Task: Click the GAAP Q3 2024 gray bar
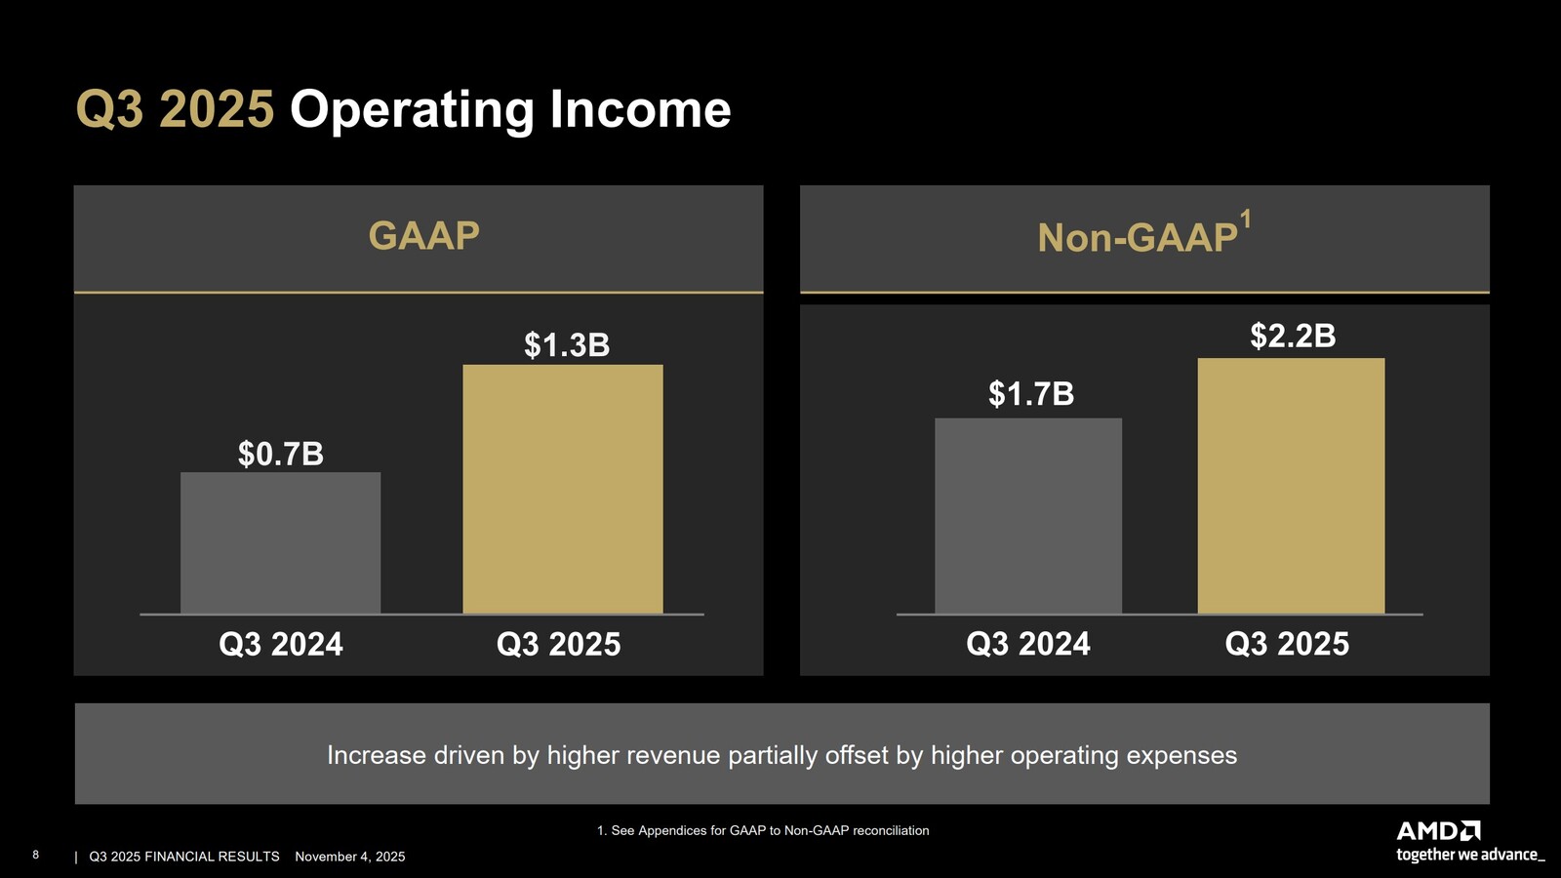[x=280, y=542]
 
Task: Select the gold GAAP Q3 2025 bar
[x=562, y=489]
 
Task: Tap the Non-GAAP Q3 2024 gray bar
[x=1027, y=516]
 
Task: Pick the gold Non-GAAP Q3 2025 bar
[x=1291, y=486]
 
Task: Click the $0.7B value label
[x=281, y=454]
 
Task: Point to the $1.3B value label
[x=567, y=344]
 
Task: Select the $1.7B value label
[x=1031, y=394]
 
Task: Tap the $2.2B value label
[x=1293, y=336]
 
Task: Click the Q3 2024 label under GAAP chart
[x=281, y=644]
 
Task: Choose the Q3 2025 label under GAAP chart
[x=558, y=644]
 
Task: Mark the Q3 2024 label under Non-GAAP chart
[x=1027, y=644]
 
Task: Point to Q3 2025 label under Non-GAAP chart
[x=1287, y=644]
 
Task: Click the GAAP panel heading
[x=423, y=236]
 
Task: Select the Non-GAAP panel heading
[x=1137, y=238]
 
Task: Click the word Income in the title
[x=640, y=109]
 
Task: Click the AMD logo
[x=1438, y=831]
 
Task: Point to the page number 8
[x=36, y=855]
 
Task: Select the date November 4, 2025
[x=350, y=857]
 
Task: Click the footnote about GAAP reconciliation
[x=763, y=830]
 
